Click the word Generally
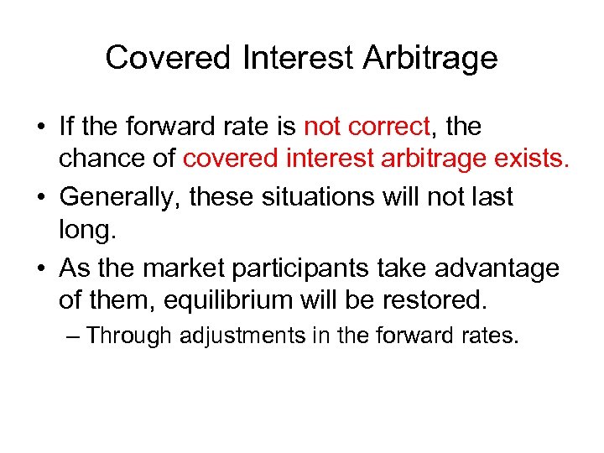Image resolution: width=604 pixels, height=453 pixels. (x=120, y=198)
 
